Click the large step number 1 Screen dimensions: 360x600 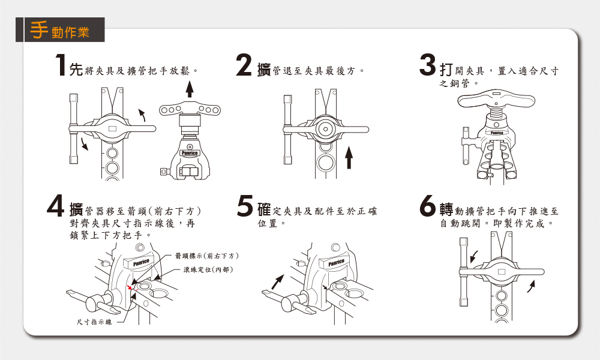coord(59,67)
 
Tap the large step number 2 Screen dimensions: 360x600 coord(244,67)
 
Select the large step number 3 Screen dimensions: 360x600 coord(427,67)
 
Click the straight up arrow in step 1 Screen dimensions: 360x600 coord(190,88)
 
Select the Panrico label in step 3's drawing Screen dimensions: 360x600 coord(496,132)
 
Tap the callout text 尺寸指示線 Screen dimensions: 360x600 coord(94,323)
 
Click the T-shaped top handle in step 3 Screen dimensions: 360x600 coord(496,99)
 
